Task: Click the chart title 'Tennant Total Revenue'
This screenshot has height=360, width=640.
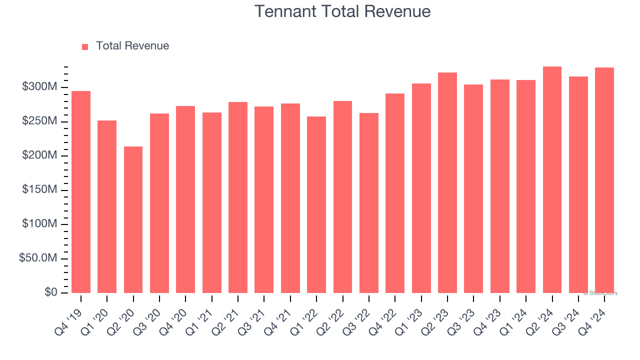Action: pyautogui.click(x=342, y=11)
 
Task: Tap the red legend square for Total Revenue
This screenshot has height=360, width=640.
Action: pyautogui.click(x=85, y=46)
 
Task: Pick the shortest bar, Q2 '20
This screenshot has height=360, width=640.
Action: pyautogui.click(x=133, y=219)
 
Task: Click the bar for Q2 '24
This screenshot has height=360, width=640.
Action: pyautogui.click(x=552, y=179)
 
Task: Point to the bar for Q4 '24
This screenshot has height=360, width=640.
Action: pyautogui.click(x=604, y=180)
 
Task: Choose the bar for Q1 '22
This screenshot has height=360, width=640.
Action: pyautogui.click(x=316, y=204)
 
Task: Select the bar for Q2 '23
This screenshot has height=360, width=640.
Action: pyautogui.click(x=447, y=182)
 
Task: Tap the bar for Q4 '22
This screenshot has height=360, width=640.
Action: pyautogui.click(x=395, y=193)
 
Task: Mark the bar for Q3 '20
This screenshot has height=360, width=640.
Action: pyautogui.click(x=159, y=203)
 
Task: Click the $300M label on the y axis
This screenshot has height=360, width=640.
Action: pyautogui.click(x=39, y=87)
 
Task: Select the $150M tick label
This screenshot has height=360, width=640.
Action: pyautogui.click(x=39, y=190)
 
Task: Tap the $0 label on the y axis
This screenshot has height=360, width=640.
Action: pyautogui.click(x=51, y=292)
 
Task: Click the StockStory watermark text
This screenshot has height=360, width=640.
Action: pyautogui.click(x=600, y=293)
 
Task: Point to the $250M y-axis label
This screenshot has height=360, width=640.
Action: pyautogui.click(x=39, y=121)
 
